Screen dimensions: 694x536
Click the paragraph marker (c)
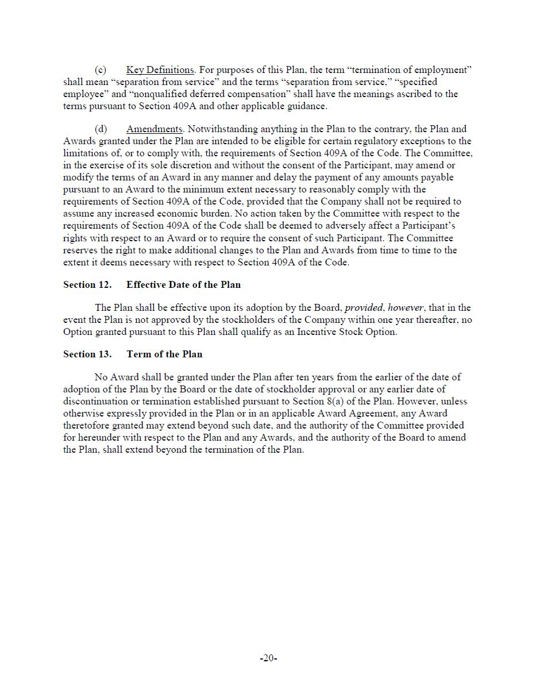click(100, 70)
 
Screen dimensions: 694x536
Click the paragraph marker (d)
click(101, 129)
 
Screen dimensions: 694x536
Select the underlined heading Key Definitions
click(160, 70)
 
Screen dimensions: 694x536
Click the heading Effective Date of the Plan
click(183, 285)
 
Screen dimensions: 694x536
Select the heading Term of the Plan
click(164, 354)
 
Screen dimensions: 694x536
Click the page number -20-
click(268, 658)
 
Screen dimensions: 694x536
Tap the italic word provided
click(364, 308)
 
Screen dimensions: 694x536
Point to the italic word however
click(406, 308)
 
